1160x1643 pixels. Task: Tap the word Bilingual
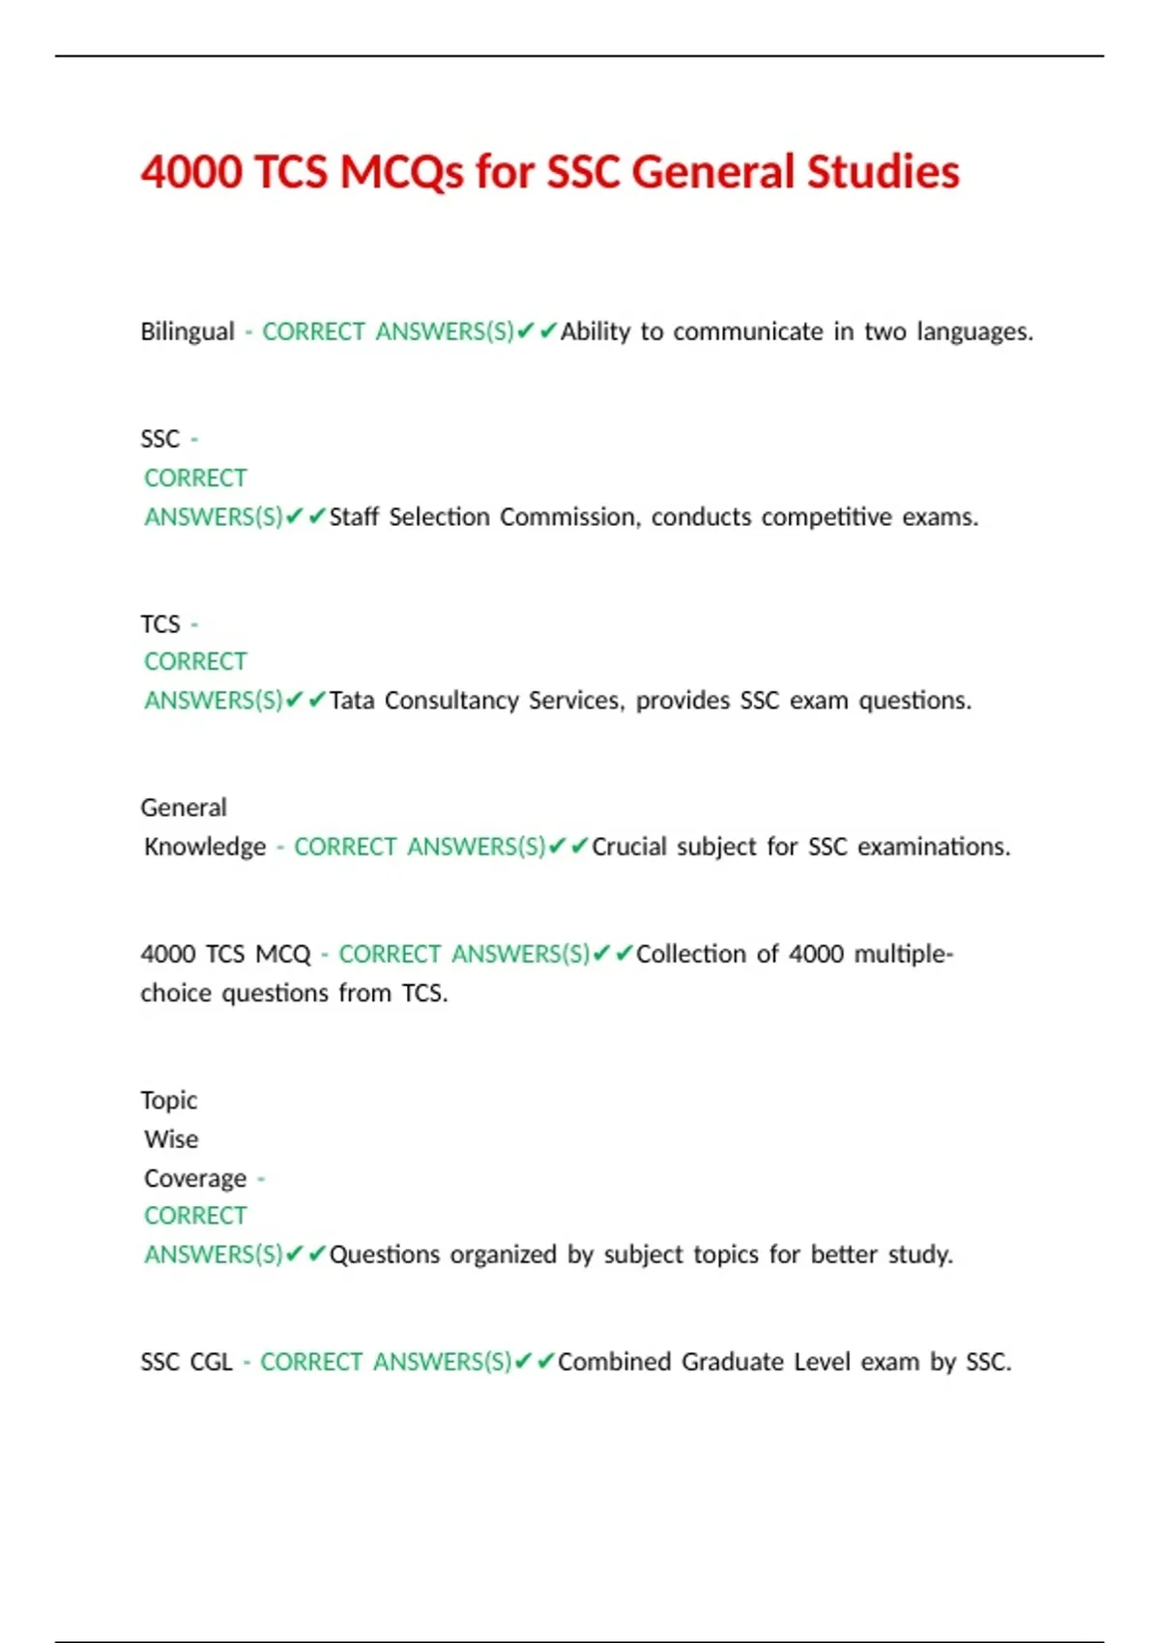point(188,331)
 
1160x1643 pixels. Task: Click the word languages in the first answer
point(974,331)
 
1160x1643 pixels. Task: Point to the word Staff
point(354,517)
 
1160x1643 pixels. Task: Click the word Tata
point(352,700)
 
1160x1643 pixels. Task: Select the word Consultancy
point(451,700)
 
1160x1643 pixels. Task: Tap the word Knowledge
point(205,847)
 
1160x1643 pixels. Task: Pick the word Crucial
point(628,847)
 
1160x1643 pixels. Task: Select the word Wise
point(171,1139)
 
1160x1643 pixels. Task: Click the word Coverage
point(195,1179)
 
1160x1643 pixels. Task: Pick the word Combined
point(614,1362)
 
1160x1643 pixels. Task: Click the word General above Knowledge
point(184,807)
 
